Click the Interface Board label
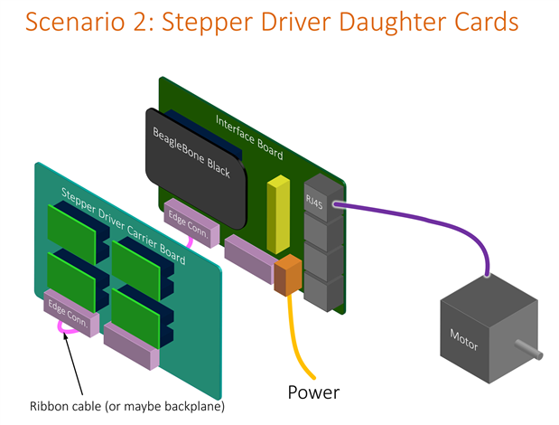pos(249,137)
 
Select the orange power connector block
pos(288,275)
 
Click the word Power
pos(313,392)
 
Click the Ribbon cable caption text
pos(126,405)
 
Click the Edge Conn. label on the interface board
pos(186,218)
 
